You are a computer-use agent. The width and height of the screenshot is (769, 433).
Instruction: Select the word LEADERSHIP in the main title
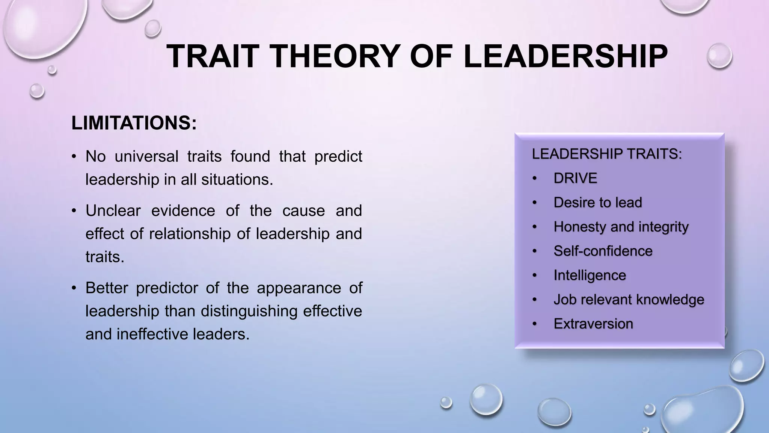click(565, 56)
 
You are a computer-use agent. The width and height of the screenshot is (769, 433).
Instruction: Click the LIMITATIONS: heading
click(134, 123)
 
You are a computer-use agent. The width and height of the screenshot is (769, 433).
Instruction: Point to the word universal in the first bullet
click(146, 156)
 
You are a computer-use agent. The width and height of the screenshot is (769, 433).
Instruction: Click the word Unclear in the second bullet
click(113, 210)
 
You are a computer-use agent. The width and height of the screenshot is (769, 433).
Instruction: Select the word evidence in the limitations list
click(183, 210)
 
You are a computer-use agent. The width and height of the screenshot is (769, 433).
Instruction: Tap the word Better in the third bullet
click(107, 288)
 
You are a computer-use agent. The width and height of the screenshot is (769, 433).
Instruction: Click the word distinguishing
click(249, 311)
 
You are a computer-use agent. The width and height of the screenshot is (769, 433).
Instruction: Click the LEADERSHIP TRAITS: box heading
click(607, 154)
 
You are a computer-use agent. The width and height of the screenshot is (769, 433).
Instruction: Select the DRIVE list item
click(575, 178)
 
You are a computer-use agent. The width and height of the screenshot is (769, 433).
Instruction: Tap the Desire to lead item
click(598, 203)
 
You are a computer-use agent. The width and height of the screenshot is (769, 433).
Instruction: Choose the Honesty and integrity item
click(621, 227)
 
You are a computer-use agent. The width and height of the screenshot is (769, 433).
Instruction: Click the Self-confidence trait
click(603, 251)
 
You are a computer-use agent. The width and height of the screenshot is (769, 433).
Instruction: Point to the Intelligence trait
click(590, 275)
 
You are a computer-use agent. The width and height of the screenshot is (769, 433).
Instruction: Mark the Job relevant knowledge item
click(629, 300)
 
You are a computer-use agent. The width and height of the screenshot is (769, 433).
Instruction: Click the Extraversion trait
click(593, 324)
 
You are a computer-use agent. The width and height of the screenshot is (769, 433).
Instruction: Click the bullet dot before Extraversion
click(535, 324)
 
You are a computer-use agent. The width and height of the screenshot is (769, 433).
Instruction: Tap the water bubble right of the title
click(719, 56)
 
